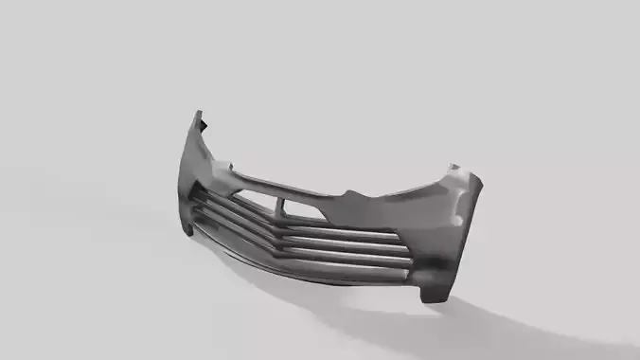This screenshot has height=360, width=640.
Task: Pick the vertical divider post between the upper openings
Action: click(x=281, y=204)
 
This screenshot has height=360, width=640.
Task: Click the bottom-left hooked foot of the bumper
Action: click(x=190, y=230)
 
